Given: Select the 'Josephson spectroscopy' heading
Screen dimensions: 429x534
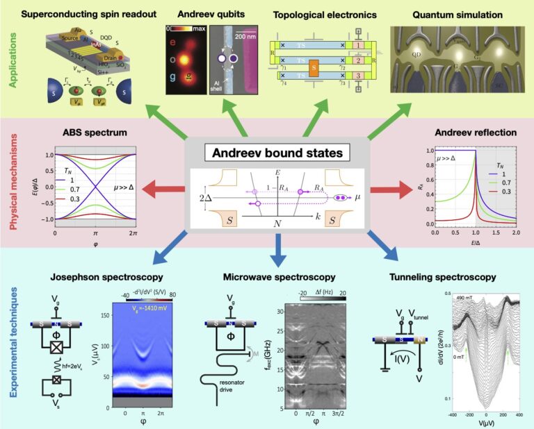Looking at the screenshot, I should coord(93,277).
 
